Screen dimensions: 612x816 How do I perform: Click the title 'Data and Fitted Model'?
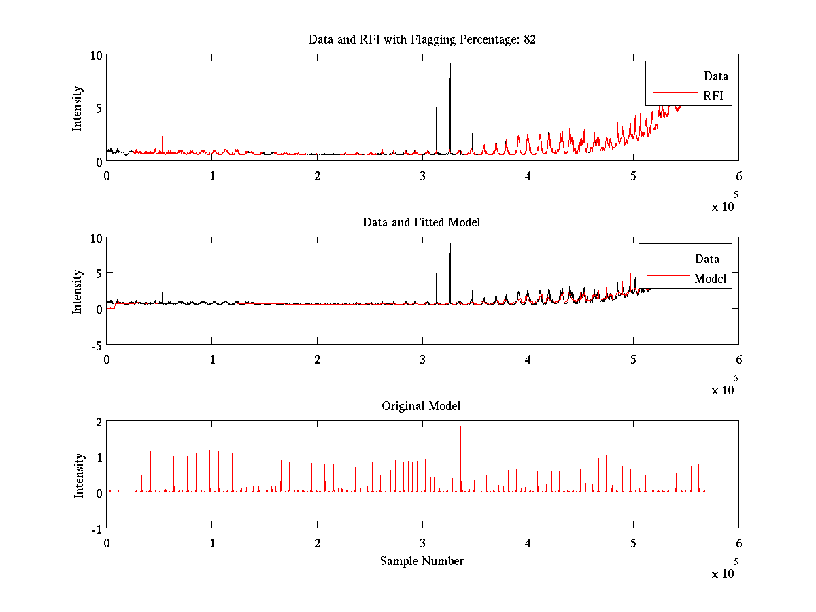pos(422,222)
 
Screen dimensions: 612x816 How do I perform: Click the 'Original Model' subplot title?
pos(421,406)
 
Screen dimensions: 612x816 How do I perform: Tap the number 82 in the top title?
pos(530,39)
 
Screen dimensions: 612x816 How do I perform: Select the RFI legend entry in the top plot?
pos(713,95)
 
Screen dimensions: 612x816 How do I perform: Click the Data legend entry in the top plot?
pos(715,75)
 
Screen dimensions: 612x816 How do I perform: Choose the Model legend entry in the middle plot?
pos(710,278)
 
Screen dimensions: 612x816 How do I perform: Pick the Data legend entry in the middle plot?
pos(707,258)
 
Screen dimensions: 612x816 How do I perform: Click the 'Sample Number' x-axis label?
pos(422,561)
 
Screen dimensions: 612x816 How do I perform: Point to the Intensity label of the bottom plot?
pos(79,475)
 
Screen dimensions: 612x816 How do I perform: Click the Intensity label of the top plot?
pos(78,108)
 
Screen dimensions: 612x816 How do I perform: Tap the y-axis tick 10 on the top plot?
pos(96,55)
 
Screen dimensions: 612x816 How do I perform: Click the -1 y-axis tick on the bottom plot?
pos(95,528)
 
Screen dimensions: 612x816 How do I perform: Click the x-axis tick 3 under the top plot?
pos(423,175)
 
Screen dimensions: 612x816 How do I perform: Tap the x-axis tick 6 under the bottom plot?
pos(738,543)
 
